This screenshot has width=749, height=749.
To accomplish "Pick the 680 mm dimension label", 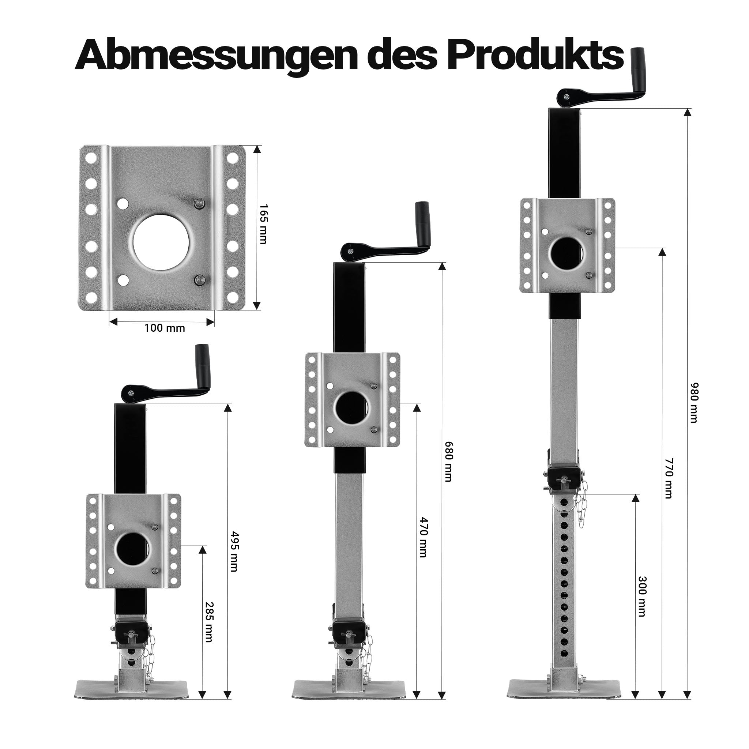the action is (448, 461).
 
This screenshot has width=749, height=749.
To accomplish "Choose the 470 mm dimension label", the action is (424, 537).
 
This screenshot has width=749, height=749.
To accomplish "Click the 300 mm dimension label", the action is (641, 607).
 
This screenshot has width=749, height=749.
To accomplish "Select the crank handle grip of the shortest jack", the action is (203, 361).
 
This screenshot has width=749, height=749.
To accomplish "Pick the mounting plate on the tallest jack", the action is (567, 245).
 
